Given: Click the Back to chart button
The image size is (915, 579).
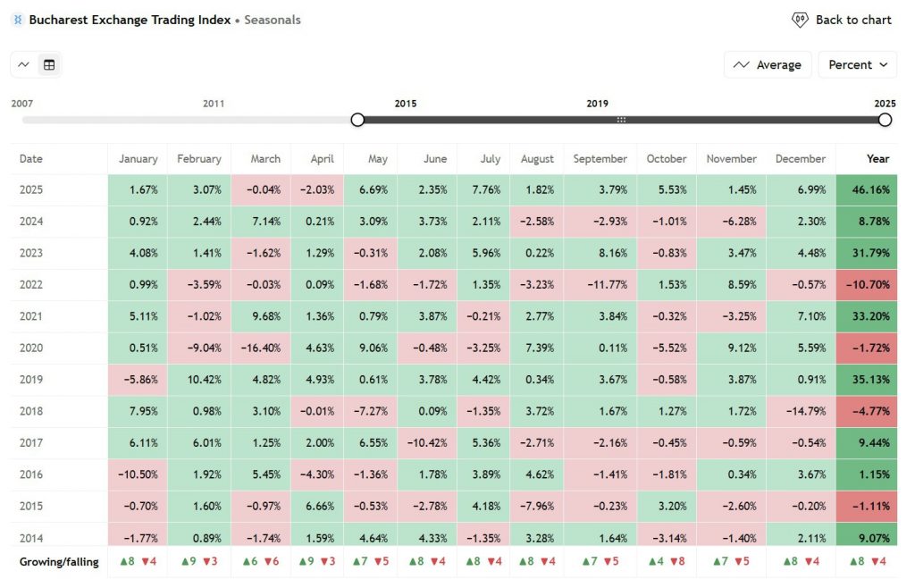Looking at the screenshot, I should pos(842,20).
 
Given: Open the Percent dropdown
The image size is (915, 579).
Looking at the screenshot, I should pos(857,64).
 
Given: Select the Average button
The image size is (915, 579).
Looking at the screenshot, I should pos(768,64).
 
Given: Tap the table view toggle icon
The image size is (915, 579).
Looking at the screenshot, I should pos(49,64).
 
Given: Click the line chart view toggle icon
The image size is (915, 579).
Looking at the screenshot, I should pos(24,64).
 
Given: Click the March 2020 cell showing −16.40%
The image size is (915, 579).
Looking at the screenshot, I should pos(261,348).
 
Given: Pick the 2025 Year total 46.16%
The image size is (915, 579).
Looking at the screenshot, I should pos(867,190).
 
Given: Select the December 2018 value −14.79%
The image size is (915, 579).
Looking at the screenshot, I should pos(802,411).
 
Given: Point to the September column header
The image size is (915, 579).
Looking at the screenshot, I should pos(600,159).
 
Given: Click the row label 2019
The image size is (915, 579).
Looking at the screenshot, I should pos(31,379).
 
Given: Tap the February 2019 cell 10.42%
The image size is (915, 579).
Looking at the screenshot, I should pos(198,379).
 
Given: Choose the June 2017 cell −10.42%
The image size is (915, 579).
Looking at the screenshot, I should pos(427,442).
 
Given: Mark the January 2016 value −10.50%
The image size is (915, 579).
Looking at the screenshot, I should pos(137,474).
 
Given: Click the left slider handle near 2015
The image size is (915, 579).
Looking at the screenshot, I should pos(357,120).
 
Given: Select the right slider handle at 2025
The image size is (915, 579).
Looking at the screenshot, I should pos(886,120).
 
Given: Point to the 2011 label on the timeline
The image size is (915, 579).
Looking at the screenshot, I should pos(214,104).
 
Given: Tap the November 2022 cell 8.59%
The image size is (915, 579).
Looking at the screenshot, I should pos(731,284).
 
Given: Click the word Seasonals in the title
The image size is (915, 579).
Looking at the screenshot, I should pos(273,20).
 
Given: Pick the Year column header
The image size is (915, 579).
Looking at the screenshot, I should pos(877,159).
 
